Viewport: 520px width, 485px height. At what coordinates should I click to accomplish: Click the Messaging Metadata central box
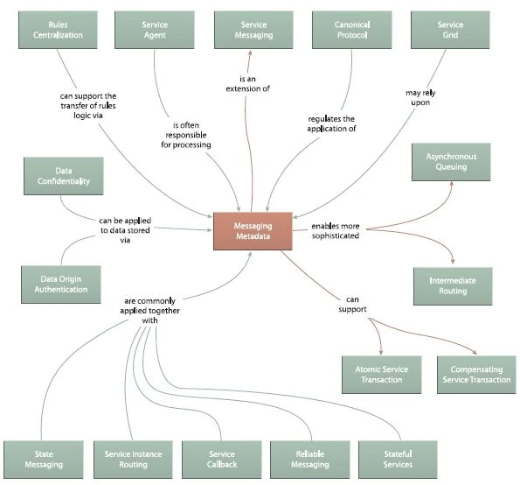pos(253,231)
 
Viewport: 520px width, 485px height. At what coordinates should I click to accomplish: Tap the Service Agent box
pos(155,31)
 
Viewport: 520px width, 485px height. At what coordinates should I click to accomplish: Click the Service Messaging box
pos(253,31)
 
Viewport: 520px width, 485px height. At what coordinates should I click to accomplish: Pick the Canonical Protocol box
pos(351,31)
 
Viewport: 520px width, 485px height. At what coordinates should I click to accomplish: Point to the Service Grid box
pos(450,31)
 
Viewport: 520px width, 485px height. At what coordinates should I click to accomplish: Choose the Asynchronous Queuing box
pos(451,161)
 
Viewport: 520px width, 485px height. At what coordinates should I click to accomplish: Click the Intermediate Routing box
pos(451,285)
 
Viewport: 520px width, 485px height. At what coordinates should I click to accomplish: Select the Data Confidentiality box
pos(59,176)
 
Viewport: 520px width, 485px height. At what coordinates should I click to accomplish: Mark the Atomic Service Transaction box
pos(381,375)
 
